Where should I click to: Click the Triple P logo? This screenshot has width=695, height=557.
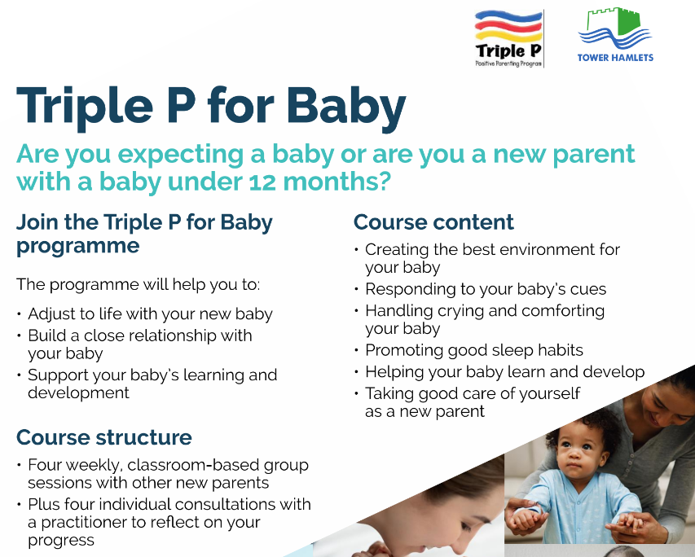(x=509, y=38)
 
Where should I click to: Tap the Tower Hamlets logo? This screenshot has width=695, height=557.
(x=615, y=34)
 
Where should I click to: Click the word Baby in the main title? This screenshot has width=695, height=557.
(x=346, y=107)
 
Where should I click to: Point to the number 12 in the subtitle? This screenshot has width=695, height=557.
(x=262, y=182)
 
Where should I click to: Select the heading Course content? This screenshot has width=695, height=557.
(x=433, y=222)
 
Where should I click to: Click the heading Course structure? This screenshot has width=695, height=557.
(x=104, y=437)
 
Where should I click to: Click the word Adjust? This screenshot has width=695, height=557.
(x=49, y=314)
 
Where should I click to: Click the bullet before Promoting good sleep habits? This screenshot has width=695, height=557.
(x=356, y=350)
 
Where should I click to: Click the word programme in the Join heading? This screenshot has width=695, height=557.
(x=78, y=247)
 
